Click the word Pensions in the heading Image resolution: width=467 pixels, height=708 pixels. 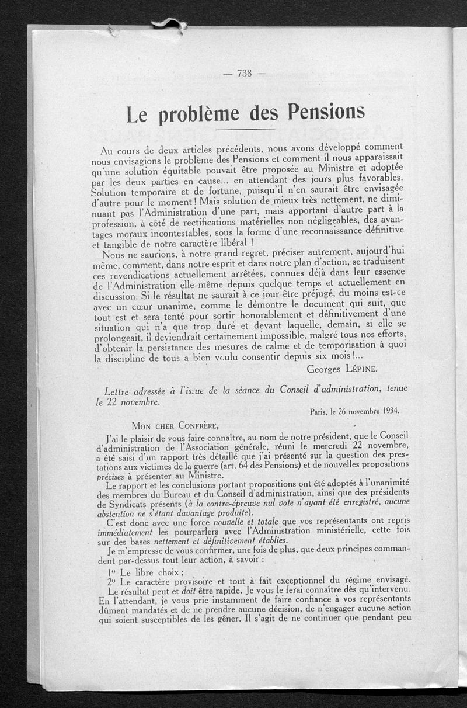click(323, 111)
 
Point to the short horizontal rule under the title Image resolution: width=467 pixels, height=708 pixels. click(249, 129)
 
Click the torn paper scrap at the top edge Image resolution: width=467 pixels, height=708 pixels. click(169, 24)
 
